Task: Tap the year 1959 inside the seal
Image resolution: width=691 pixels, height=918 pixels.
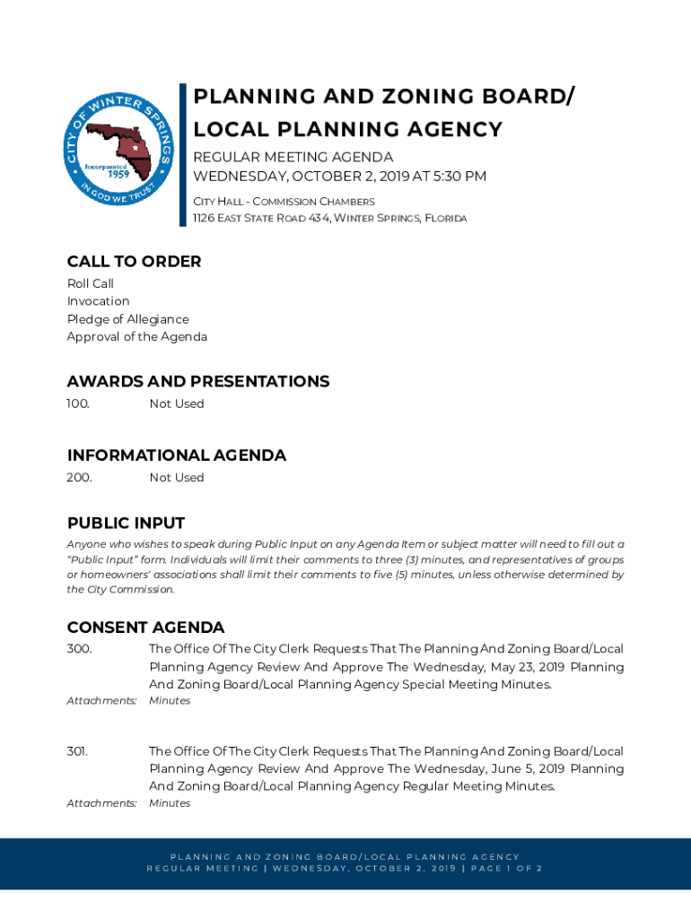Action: (x=106, y=174)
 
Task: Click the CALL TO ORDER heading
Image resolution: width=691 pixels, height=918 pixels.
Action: (x=134, y=262)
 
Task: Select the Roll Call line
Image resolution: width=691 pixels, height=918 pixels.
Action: (x=90, y=284)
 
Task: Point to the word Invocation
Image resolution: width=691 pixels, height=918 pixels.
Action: (x=98, y=301)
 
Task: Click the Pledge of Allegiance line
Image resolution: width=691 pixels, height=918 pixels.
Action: (x=127, y=319)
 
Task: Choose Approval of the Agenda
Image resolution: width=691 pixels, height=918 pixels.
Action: (x=136, y=337)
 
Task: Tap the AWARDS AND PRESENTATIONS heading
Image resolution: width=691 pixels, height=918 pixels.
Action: (x=197, y=382)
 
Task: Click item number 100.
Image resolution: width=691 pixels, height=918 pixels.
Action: (x=78, y=404)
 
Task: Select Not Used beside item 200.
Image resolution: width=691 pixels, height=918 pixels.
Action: (x=177, y=478)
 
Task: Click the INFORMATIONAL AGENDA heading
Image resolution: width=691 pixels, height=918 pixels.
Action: (x=176, y=455)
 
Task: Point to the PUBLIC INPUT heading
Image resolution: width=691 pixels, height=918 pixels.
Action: (x=126, y=524)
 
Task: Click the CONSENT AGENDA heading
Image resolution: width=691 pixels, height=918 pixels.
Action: (x=145, y=628)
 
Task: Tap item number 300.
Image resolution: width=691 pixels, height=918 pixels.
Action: (x=79, y=649)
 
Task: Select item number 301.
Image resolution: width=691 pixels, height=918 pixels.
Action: (x=77, y=751)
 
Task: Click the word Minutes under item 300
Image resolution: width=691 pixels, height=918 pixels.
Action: (x=170, y=701)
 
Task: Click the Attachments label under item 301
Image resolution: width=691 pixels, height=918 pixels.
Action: (x=101, y=803)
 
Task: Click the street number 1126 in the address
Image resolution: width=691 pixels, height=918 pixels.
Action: (x=206, y=219)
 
